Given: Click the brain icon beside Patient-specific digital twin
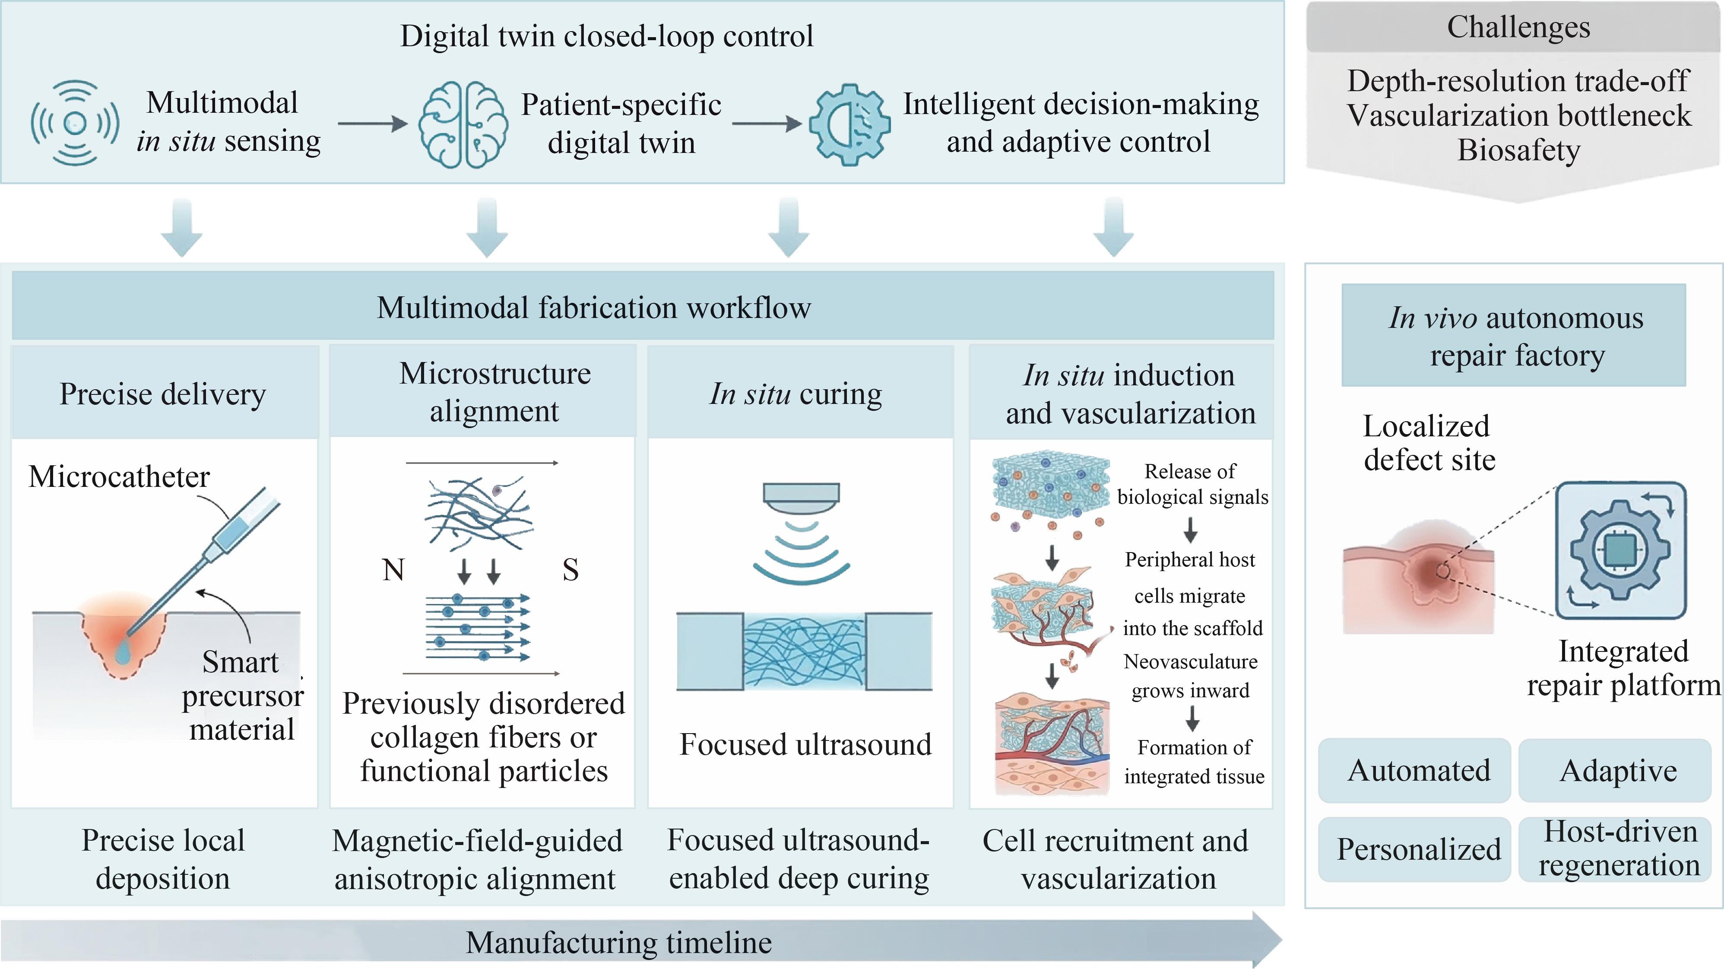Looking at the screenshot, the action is pos(463,124).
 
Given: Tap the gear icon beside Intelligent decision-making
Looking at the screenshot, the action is pos(849,124).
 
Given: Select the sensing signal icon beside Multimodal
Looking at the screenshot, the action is pos(75,123).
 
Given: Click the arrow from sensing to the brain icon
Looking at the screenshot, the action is pos(373,123).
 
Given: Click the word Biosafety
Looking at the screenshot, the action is pos(1518,149).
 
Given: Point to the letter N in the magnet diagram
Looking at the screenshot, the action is pos(393,570).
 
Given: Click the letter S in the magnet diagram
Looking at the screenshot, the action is pos(570,570).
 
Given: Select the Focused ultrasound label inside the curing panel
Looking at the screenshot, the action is pos(805,744).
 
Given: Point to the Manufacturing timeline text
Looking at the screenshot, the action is pos(618,942).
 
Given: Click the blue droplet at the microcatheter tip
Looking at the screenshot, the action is pos(123,652).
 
